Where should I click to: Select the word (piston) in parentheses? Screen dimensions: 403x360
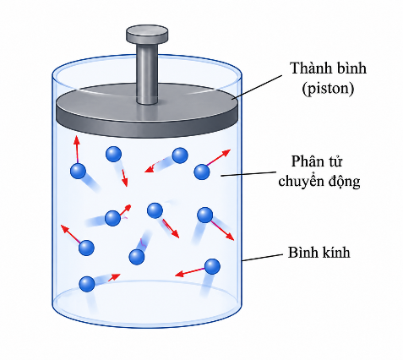click(x=328, y=89)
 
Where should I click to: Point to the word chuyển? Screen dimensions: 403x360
click(x=300, y=181)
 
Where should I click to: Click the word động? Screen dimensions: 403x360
click(x=342, y=181)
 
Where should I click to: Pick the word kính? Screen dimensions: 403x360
click(x=335, y=252)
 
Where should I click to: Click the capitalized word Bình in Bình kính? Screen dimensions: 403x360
click(x=303, y=252)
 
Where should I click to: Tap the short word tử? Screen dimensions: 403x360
click(x=335, y=161)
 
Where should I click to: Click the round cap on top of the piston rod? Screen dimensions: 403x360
click(x=147, y=34)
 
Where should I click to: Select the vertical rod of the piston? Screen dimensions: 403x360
click(x=147, y=74)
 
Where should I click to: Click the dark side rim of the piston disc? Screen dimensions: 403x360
click(x=147, y=124)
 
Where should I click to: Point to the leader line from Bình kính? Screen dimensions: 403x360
click(x=262, y=257)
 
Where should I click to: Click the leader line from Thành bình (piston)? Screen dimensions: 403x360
click(x=257, y=87)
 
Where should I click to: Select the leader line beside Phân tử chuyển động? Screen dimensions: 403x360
click(x=248, y=174)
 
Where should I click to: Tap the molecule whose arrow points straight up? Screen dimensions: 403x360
click(x=78, y=171)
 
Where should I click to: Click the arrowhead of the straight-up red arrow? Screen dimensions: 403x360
click(x=77, y=140)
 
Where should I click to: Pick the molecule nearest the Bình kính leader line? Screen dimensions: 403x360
click(x=212, y=266)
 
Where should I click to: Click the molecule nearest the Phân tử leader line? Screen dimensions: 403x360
click(x=202, y=172)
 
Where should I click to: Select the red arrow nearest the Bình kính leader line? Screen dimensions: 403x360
click(x=191, y=272)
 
